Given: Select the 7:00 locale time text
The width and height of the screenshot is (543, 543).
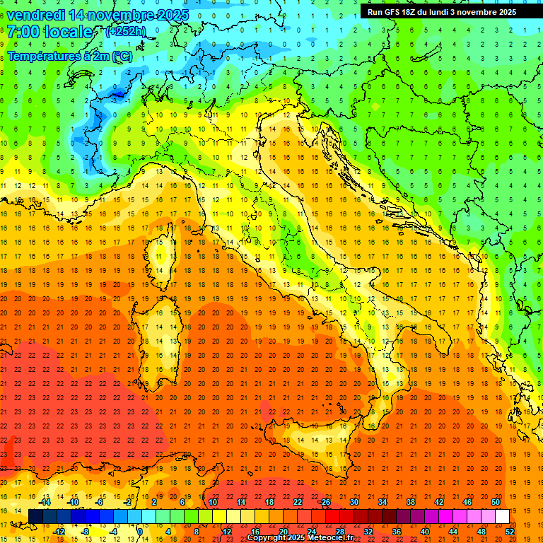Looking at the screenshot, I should click(49, 32).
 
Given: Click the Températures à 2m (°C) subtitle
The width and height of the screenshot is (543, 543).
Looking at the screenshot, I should click(69, 56).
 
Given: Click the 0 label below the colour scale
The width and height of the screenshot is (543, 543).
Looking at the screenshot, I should click(139, 532).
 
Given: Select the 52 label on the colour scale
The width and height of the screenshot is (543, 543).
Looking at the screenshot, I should click(510, 532).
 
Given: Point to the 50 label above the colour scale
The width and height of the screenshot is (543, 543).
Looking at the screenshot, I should click(496, 502).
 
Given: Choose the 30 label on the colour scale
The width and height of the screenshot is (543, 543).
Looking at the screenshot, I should click(354, 502).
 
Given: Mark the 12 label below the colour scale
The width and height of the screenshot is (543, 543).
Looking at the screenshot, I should click(227, 532).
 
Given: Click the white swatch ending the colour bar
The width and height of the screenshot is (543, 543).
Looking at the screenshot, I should click(502, 516).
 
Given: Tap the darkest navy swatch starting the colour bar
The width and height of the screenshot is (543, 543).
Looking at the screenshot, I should click(35, 516).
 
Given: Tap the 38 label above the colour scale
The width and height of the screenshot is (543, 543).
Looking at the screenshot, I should click(411, 502).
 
